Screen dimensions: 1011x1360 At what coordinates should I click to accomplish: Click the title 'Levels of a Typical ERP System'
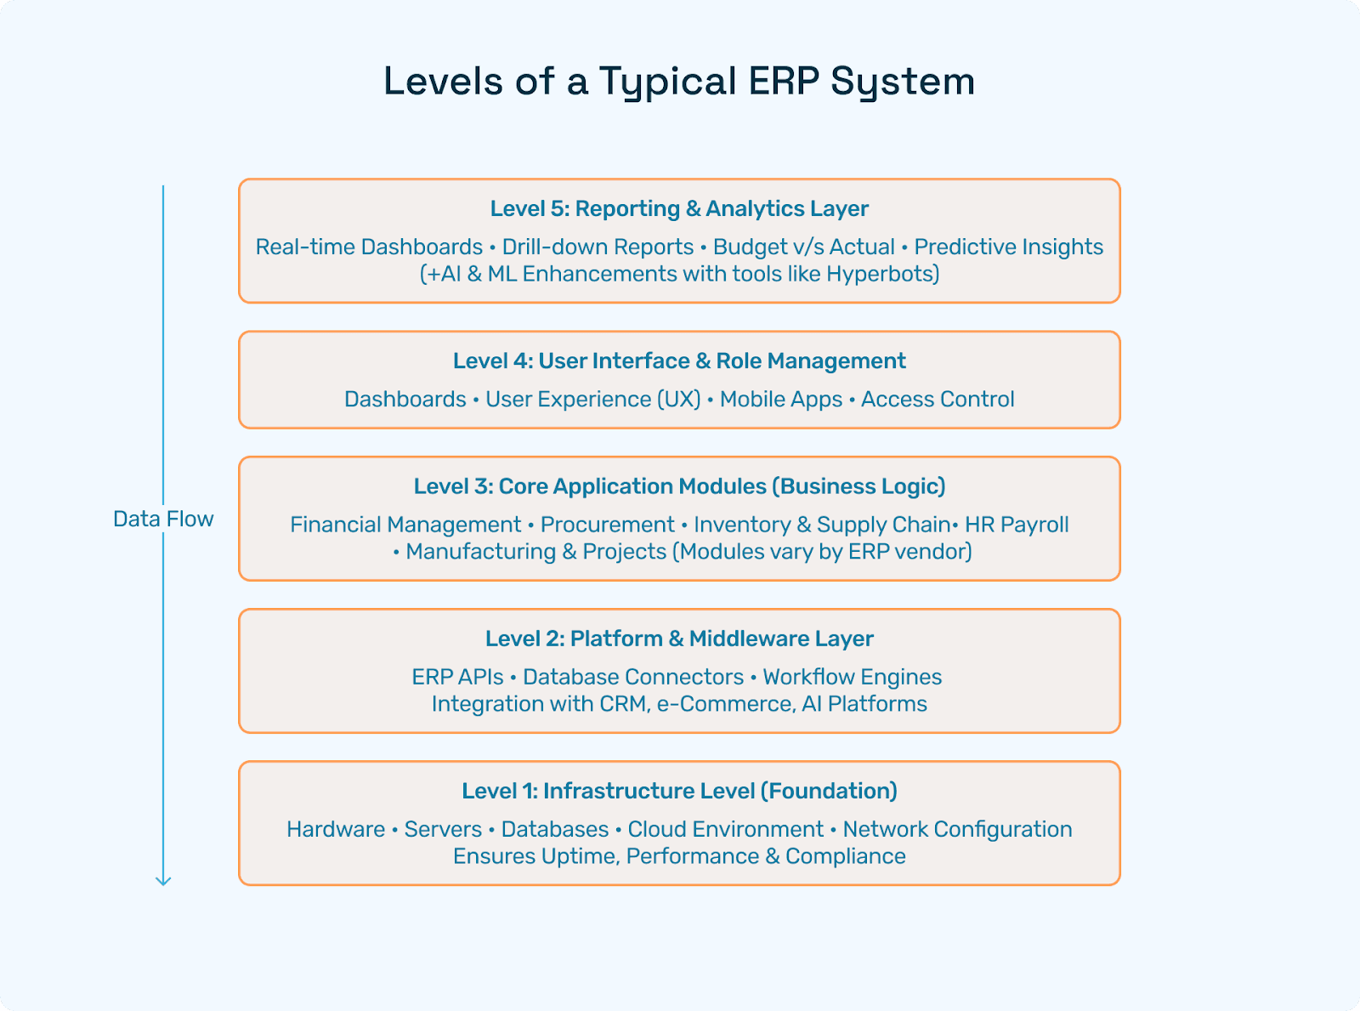pos(679,82)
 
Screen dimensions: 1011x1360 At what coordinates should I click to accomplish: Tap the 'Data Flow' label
pos(163,519)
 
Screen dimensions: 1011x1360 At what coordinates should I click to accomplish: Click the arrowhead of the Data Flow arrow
pos(163,881)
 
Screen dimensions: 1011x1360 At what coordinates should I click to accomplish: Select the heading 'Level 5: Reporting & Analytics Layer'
pos(679,208)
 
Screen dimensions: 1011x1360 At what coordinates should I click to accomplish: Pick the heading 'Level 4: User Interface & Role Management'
pos(679,361)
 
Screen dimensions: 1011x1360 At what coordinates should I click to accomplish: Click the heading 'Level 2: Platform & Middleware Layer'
pos(679,639)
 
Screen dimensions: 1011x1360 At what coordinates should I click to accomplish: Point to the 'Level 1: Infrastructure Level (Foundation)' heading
pos(679,791)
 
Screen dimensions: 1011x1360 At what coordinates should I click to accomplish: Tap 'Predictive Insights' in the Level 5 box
pos(1008,247)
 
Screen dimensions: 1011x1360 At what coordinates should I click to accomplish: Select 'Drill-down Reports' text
pos(598,247)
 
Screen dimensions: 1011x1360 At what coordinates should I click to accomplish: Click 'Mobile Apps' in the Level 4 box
pos(780,399)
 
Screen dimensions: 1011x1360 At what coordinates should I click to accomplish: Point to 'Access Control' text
pos(938,399)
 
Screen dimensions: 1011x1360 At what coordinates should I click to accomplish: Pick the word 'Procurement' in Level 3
pos(607,525)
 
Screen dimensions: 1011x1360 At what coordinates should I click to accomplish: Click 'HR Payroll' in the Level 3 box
pos(1017,525)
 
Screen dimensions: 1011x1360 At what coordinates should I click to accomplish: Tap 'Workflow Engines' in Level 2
pos(852,677)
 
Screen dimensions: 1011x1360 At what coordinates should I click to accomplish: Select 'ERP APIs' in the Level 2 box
pos(457,677)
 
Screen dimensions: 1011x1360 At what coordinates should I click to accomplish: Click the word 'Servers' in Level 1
pos(443,829)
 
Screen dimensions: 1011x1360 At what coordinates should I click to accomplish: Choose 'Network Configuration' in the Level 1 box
pos(957,829)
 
